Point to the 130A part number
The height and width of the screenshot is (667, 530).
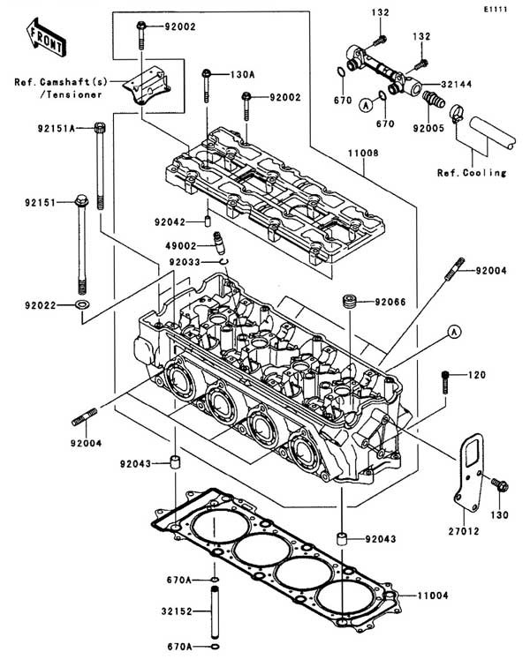point(241,74)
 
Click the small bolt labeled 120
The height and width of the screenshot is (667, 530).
point(445,380)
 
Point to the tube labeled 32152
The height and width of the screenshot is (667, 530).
point(215,610)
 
